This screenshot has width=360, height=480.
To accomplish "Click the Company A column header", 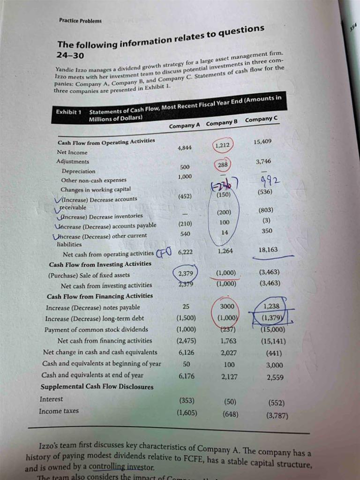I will (184, 126).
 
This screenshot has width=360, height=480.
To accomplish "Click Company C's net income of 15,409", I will (262, 142).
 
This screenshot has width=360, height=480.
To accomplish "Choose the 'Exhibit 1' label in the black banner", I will (68, 112).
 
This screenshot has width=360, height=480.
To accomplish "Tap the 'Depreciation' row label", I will (78, 172).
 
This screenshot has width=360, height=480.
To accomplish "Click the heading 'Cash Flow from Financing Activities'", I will (100, 296).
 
